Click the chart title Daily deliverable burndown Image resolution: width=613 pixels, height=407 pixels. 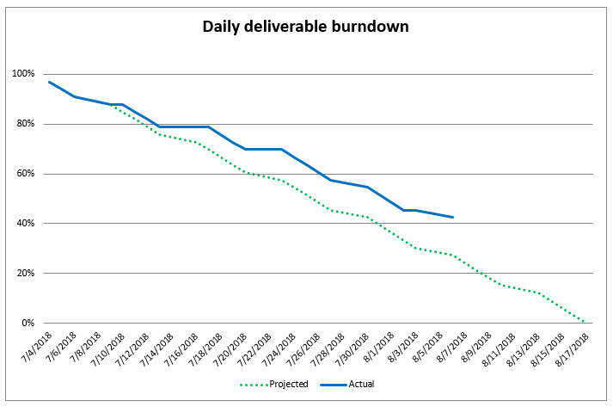pyautogui.click(x=305, y=27)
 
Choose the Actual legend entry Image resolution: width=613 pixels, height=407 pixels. pyautogui.click(x=361, y=385)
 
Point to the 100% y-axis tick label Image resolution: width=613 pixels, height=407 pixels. pyautogui.click(x=23, y=74)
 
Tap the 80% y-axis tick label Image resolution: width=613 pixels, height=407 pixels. pyautogui.click(x=25, y=124)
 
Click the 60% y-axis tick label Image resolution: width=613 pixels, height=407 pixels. pyautogui.click(x=25, y=174)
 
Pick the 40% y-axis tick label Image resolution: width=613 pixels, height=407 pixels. pyautogui.click(x=25, y=224)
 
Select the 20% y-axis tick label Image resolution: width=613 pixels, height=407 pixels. pyautogui.click(x=25, y=274)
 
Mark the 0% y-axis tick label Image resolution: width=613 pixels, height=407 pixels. pyautogui.click(x=28, y=324)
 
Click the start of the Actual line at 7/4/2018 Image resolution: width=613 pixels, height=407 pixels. pyautogui.click(x=49, y=82)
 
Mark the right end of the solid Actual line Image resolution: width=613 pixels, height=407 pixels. pyautogui.click(x=453, y=217)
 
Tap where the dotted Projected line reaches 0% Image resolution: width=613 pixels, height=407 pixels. pyautogui.click(x=585, y=323)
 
